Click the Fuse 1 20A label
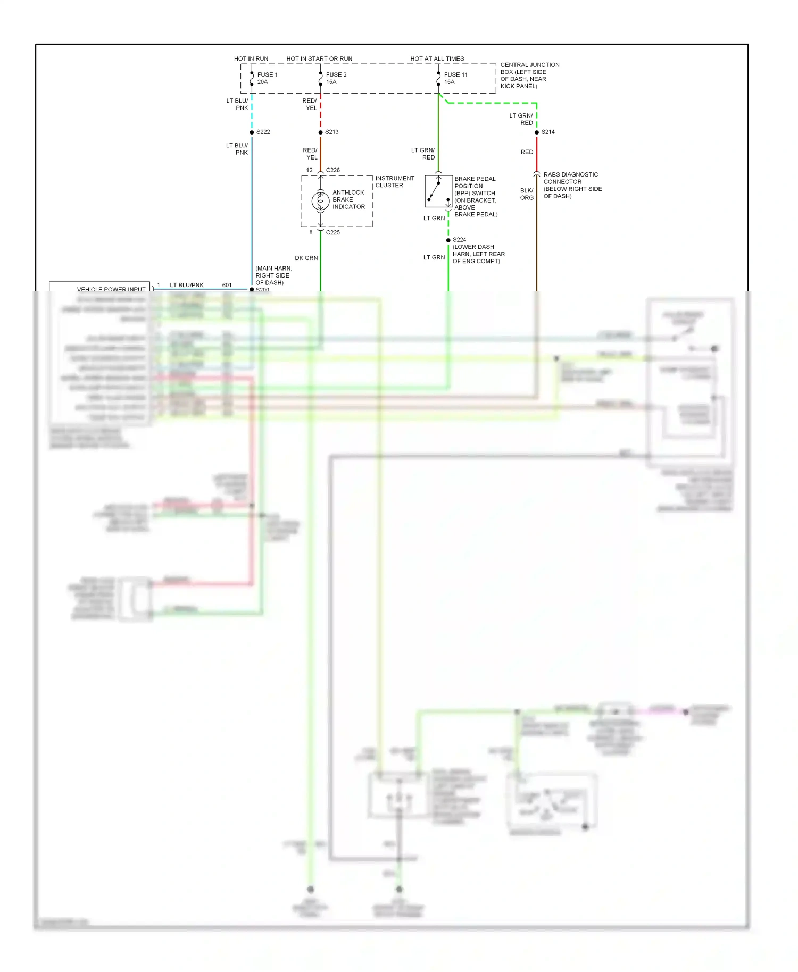click(267, 78)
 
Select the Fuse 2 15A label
click(336, 78)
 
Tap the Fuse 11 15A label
click(455, 78)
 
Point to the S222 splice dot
click(252, 132)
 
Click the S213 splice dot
click(320, 132)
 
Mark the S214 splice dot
click(536, 132)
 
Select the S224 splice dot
click(448, 240)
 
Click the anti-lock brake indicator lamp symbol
click(320, 201)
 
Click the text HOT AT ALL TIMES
click(437, 59)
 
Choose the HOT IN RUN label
click(251, 59)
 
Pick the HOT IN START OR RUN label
click(319, 59)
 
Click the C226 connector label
click(332, 170)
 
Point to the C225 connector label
click(332, 232)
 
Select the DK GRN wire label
click(306, 258)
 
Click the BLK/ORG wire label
click(527, 194)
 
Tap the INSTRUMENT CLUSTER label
click(394, 182)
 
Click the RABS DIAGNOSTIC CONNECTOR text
click(570, 178)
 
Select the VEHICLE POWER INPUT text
click(111, 290)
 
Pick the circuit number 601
click(227, 286)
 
